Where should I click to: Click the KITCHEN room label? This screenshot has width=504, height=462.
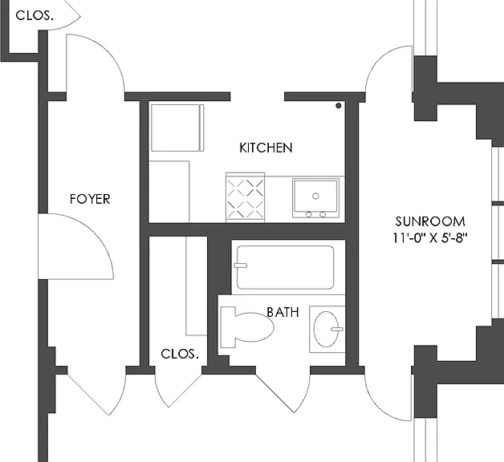coord(266,148)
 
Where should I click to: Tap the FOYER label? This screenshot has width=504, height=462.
coord(90,199)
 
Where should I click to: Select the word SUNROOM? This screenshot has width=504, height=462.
coord(429,221)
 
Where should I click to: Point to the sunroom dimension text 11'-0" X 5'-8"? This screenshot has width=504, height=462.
coord(429,238)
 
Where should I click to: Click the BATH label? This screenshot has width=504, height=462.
coord(282,312)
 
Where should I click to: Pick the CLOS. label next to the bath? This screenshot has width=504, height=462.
coord(180,354)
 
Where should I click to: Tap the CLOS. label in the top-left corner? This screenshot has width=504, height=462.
coord(35,15)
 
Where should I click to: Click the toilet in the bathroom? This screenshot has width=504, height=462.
coord(247,326)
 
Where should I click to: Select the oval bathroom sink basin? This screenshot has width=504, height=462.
coord(326,329)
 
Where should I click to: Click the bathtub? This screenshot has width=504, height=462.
coord(285,267)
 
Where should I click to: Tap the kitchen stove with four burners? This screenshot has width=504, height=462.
coord(246,197)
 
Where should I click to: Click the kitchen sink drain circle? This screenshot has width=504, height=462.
coord(315,196)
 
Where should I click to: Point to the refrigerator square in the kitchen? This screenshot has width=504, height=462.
coord(177,128)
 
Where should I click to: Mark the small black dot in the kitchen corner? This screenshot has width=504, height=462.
coord(338,105)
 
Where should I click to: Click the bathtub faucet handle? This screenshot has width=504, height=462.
coord(241,265)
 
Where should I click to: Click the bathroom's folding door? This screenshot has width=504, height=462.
coord(282,392)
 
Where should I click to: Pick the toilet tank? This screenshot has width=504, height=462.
coord(228,326)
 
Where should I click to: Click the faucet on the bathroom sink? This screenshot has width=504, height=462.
coord(337,329)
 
